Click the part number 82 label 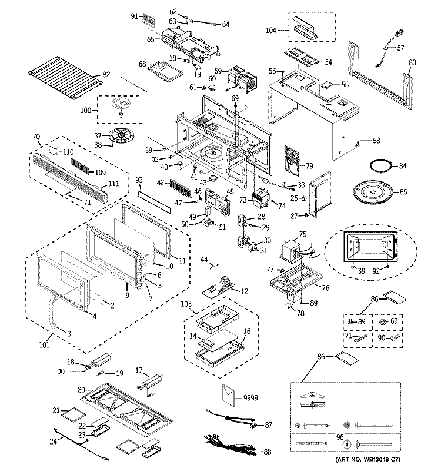[x=106, y=74]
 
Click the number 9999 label [x=250, y=399]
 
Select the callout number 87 [x=268, y=424]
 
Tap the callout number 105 [x=186, y=306]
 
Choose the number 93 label [x=139, y=179]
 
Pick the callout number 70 [x=37, y=135]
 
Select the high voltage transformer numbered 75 [x=292, y=250]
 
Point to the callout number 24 [x=52, y=440]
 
